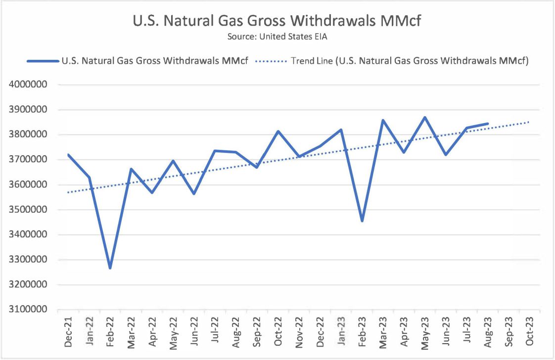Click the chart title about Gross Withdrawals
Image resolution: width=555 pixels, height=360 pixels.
tap(277, 21)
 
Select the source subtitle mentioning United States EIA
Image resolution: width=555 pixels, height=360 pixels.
tap(277, 37)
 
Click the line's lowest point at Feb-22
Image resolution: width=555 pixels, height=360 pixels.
tap(110, 268)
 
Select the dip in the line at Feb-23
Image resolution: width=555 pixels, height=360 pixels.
tap(362, 221)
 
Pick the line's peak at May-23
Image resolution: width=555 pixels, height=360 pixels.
tap(425, 117)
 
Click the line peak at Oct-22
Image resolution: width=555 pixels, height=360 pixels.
tap(278, 131)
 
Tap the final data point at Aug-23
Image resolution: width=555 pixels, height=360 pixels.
tap(488, 124)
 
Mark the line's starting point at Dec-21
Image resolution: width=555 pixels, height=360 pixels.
tap(68, 154)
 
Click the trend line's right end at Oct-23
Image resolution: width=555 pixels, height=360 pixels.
tap(529, 122)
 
